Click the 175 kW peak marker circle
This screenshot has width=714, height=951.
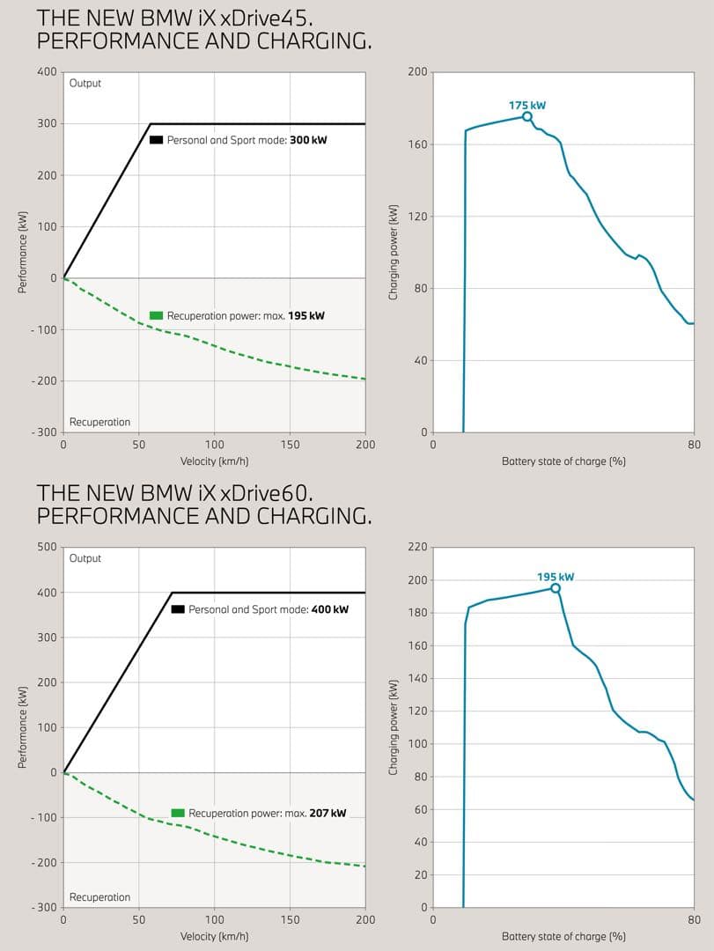[527, 116]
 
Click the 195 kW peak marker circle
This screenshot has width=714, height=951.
[555, 587]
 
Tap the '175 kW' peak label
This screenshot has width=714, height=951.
[527, 105]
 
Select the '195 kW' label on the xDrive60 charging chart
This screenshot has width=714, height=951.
[555, 577]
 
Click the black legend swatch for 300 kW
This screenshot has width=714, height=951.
[156, 140]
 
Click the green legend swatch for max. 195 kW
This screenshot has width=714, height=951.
[156, 315]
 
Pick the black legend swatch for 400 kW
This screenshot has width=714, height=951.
[178, 609]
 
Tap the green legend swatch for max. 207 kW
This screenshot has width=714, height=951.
[178, 813]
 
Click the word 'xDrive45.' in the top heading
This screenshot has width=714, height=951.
[266, 18]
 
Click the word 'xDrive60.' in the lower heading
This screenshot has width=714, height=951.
[266, 493]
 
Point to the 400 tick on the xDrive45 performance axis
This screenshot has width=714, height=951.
[47, 71]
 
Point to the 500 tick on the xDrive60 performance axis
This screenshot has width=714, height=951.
[47, 547]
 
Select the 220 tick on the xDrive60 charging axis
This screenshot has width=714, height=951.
[417, 547]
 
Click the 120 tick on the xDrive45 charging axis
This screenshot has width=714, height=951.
[417, 216]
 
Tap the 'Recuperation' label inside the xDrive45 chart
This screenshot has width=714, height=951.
[99, 422]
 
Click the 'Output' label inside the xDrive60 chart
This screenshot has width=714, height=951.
[85, 558]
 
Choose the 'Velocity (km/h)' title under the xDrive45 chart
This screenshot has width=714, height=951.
[214, 461]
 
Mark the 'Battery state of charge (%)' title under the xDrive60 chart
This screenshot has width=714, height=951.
[563, 936]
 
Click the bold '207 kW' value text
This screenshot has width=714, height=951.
[328, 813]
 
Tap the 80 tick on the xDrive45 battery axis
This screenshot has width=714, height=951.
[694, 445]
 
